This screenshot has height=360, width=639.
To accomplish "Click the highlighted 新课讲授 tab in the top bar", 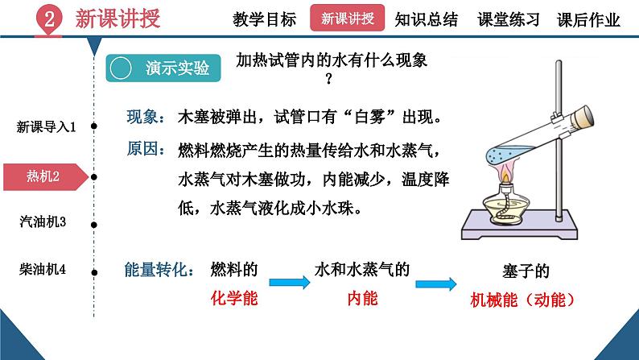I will point(347,18).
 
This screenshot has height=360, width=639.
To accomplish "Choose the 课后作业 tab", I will point(588,19).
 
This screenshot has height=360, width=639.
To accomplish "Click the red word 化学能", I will point(233,298).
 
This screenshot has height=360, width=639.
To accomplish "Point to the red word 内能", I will point(362,298).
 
